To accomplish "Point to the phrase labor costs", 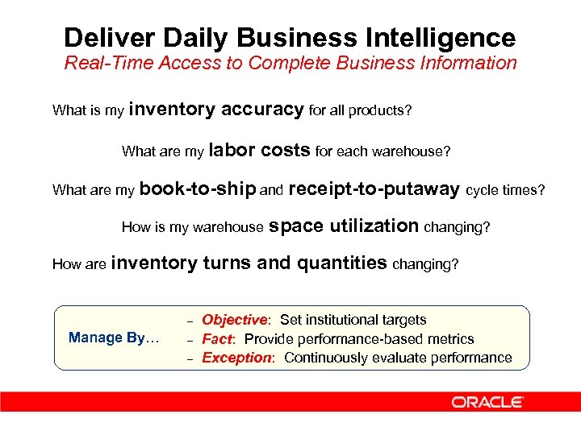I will [x=259, y=150].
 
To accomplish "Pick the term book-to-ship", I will [x=198, y=189].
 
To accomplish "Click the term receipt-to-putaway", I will [x=374, y=189].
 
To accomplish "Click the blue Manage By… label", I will [x=114, y=338].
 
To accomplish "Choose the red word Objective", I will [x=234, y=320].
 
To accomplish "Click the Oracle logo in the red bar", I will [x=487, y=402].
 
